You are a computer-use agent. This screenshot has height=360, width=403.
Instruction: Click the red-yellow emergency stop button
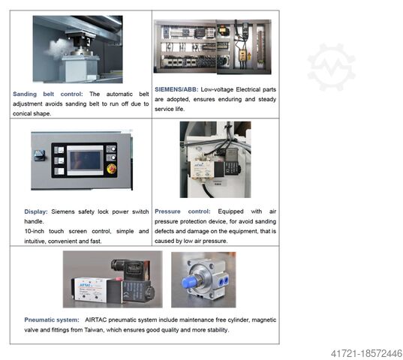[112, 169]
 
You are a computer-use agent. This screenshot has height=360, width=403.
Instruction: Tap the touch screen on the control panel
[85, 160]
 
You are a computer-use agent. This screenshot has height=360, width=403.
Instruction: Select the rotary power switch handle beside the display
[40, 154]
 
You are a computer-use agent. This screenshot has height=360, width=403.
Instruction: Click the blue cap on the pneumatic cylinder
[189, 282]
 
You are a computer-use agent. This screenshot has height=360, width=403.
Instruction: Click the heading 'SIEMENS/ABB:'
[176, 89]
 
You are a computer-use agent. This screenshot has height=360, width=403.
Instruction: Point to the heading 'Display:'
[36, 211]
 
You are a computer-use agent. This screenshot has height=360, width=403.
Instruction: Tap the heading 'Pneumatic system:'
[52, 320]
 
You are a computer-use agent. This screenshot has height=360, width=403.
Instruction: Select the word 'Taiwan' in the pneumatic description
[94, 330]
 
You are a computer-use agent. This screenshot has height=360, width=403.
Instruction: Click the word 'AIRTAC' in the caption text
[96, 320]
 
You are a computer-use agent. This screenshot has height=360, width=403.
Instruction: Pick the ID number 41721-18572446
[366, 353]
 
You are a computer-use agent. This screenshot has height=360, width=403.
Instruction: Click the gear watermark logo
[331, 67]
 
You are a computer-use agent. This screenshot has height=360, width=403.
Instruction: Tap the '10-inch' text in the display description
[35, 231]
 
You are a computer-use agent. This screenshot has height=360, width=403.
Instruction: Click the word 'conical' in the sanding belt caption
[23, 113]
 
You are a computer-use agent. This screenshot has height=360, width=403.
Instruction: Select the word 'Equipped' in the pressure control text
[230, 211]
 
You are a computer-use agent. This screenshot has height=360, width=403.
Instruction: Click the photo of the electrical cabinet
[212, 46]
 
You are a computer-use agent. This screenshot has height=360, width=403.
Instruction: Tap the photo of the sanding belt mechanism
[77, 49]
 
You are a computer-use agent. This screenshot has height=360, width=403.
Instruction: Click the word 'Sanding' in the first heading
[25, 94]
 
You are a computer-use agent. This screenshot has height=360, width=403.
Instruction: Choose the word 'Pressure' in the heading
[167, 211]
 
